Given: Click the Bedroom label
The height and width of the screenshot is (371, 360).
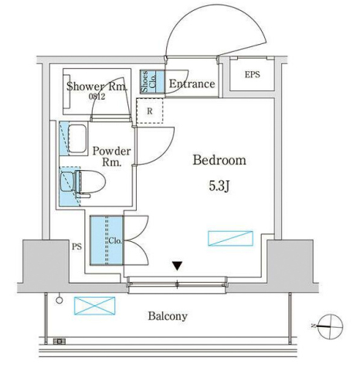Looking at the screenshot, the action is [219, 160].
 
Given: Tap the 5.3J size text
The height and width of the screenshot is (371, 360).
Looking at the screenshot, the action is [219, 186].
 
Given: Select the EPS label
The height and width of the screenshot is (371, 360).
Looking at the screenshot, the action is [252, 75].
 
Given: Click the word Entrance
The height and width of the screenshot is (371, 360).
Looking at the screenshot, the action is [192, 84].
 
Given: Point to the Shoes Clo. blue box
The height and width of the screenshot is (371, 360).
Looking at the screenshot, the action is [152, 82].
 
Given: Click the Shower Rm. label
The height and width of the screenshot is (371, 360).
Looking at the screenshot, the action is [97, 87].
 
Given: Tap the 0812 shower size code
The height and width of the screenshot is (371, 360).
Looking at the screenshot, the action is [97, 97].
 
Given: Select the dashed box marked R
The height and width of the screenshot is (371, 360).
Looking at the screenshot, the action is [150, 111].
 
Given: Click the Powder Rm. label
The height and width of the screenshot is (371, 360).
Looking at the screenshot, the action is [111, 157].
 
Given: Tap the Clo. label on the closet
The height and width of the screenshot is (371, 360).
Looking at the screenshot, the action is [115, 241].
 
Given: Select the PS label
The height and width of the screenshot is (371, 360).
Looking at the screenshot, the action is [76, 247].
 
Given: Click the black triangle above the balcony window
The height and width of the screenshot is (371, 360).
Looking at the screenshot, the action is [178, 266].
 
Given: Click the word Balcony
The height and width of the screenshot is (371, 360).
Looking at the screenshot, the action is [168, 316].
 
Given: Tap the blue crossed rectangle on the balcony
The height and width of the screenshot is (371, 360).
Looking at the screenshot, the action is [94, 305].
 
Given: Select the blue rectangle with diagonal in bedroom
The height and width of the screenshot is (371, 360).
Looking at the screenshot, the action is [230, 238].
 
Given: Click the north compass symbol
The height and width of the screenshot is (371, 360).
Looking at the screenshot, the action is [330, 326].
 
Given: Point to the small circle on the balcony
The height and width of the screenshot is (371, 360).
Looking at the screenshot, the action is [59, 300].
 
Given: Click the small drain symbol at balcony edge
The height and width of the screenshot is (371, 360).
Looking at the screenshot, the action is [59, 342].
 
